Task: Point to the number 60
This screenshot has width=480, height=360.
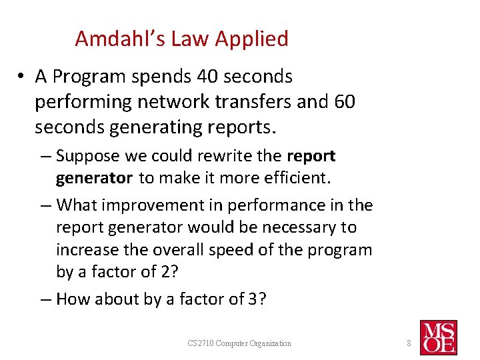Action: coord(342,102)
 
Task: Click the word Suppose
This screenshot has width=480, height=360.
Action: coord(91,156)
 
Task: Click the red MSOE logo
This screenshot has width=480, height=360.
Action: coord(438,337)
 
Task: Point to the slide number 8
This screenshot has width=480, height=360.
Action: coord(410,343)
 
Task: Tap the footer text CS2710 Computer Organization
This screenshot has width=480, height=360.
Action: coord(239,343)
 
